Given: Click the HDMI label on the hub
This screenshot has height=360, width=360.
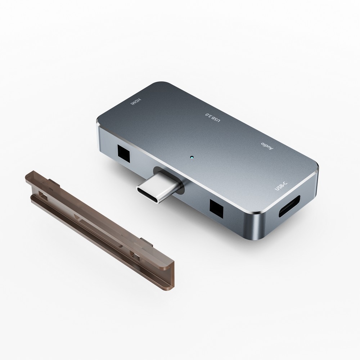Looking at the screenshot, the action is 136,102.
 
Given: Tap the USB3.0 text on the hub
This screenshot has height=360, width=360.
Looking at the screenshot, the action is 213,118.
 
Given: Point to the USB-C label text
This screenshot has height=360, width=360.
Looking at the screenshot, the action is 281,185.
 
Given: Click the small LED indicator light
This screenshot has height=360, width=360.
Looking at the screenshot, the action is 192,158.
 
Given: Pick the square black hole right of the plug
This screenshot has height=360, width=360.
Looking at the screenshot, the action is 216,208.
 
